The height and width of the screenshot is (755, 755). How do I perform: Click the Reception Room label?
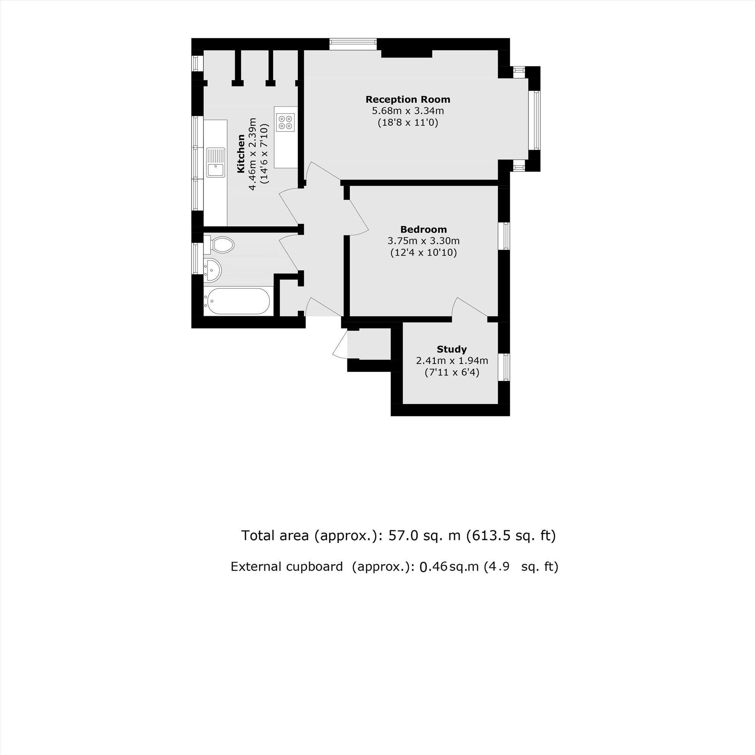point(408,99)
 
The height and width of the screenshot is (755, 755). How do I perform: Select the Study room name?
point(452,349)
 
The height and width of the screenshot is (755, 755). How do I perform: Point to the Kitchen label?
point(241,154)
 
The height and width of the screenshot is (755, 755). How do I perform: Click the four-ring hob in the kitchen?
point(285,122)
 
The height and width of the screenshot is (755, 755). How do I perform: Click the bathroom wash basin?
point(213,269)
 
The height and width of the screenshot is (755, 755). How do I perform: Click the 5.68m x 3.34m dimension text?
point(408,111)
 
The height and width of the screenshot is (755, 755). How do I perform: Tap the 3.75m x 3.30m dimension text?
point(424,241)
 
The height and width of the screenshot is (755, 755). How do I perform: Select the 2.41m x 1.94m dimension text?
point(452,360)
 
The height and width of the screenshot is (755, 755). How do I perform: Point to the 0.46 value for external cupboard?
point(433,567)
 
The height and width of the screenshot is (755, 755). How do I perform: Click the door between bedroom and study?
point(469,309)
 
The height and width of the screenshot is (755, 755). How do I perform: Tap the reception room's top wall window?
point(353,44)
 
